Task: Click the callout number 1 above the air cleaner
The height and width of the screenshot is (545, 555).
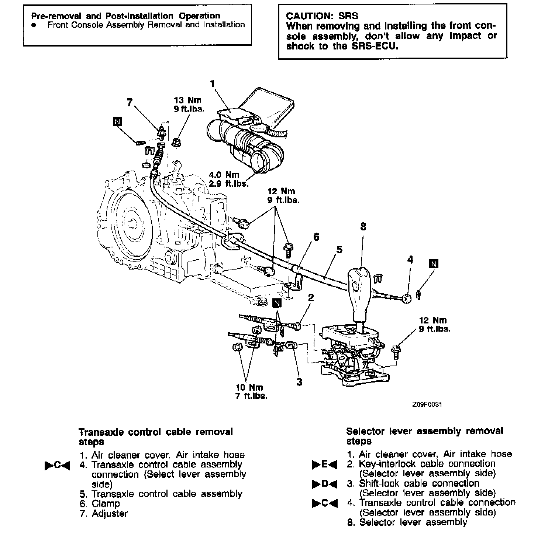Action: pos(212,84)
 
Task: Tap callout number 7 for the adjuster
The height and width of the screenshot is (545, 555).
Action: pos(129,103)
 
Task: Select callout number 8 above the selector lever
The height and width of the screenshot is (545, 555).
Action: pos(363,226)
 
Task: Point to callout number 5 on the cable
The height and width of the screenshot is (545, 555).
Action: pos(339,250)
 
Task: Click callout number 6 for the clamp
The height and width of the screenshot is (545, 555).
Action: pos(316,237)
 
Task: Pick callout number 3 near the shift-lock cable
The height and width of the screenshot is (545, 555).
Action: pos(299,382)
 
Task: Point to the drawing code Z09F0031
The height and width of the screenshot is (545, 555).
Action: pos(427,404)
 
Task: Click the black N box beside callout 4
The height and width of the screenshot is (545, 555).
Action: pos(434,264)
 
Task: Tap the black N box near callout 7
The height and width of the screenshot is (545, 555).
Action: pos(118,122)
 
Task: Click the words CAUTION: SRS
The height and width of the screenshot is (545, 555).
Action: pos(322,16)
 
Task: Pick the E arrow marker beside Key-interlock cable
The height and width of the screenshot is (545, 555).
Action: pos(324,465)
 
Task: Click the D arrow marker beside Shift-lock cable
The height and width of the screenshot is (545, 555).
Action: pos(324,484)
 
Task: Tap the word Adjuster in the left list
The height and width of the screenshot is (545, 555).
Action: pos(110,514)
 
